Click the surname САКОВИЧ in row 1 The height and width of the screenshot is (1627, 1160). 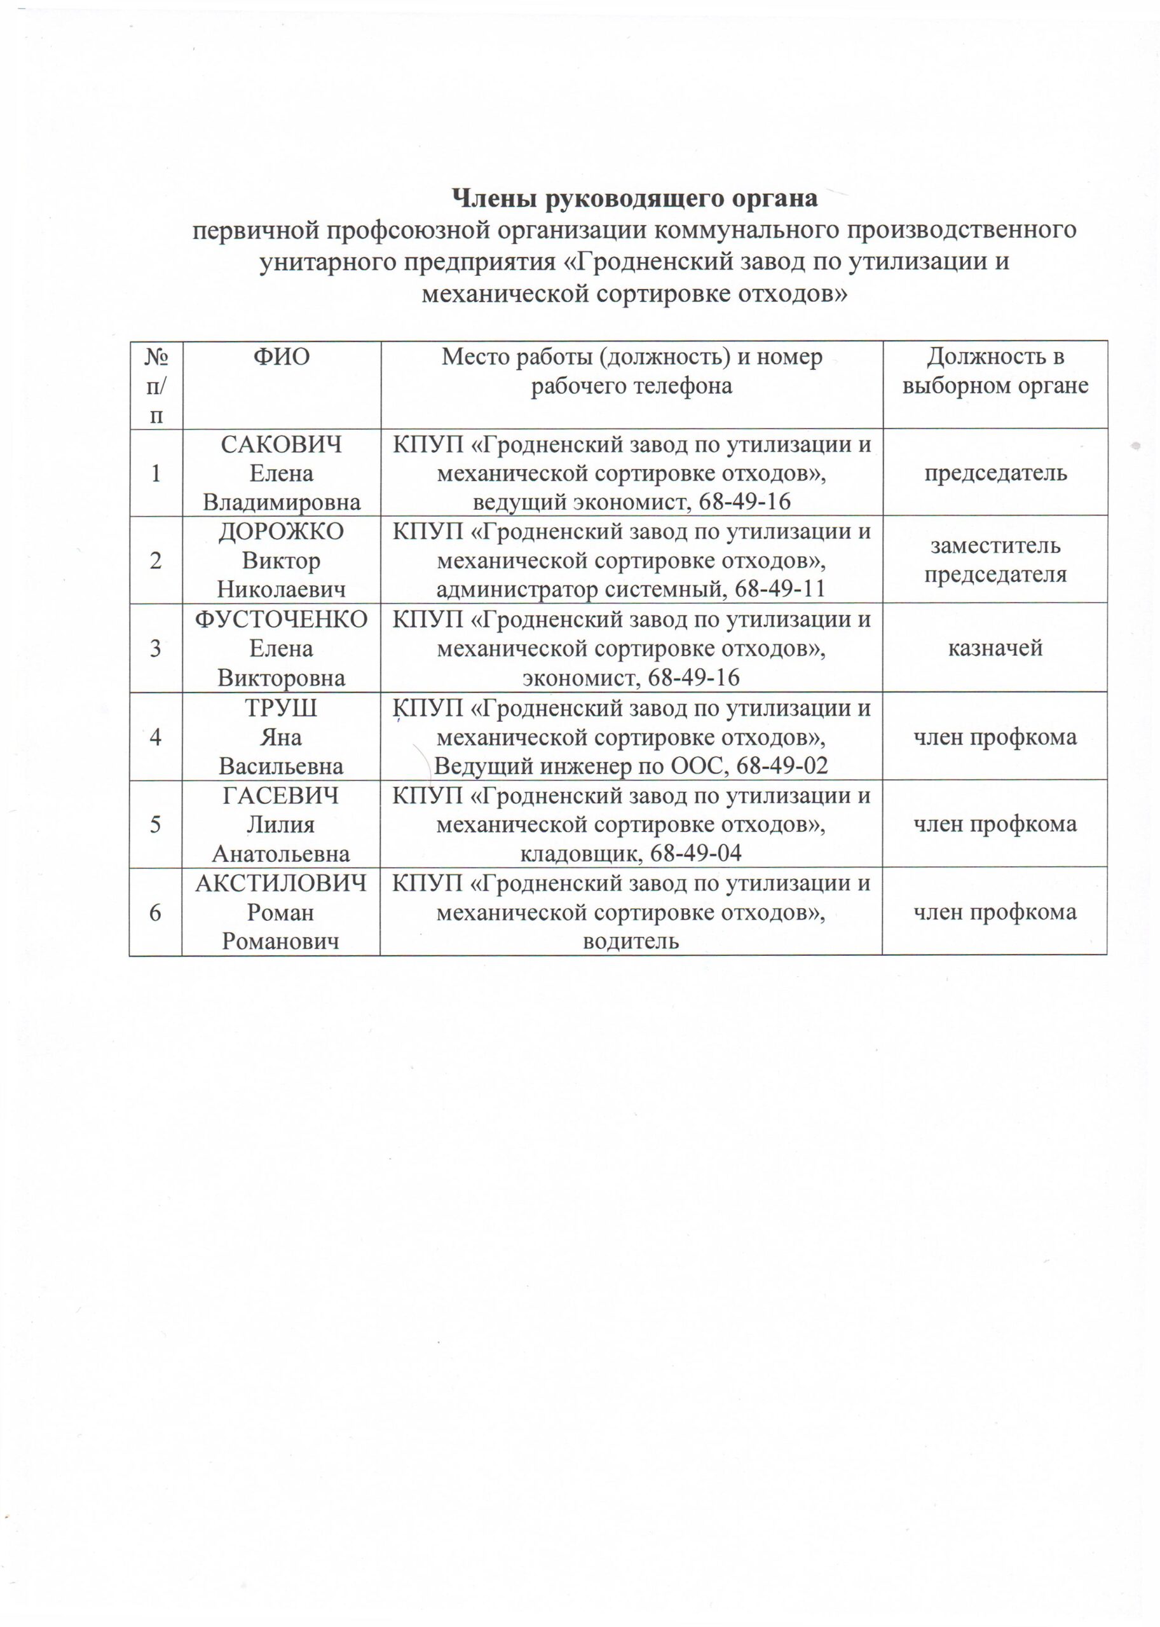tap(281, 444)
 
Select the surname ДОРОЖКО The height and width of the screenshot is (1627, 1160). tap(281, 531)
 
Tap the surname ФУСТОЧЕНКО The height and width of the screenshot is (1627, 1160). tap(281, 619)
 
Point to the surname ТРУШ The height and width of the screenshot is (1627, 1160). tap(281, 708)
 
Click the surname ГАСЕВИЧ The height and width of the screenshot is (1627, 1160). tap(281, 795)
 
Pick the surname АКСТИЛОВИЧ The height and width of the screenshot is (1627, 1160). tap(281, 883)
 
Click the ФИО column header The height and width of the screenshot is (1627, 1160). tap(281, 357)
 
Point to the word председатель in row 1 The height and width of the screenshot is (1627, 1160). tap(995, 473)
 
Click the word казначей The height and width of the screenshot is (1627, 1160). tap(995, 648)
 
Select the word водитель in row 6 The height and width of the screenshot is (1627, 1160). tap(631, 941)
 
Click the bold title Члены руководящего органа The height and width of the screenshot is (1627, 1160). tap(636, 198)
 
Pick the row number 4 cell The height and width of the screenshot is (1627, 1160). tap(156, 737)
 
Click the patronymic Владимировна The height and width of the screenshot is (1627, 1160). tap(281, 502)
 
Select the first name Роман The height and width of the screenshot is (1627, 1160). tap(281, 912)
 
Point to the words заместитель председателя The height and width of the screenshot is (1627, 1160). tap(995, 560)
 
